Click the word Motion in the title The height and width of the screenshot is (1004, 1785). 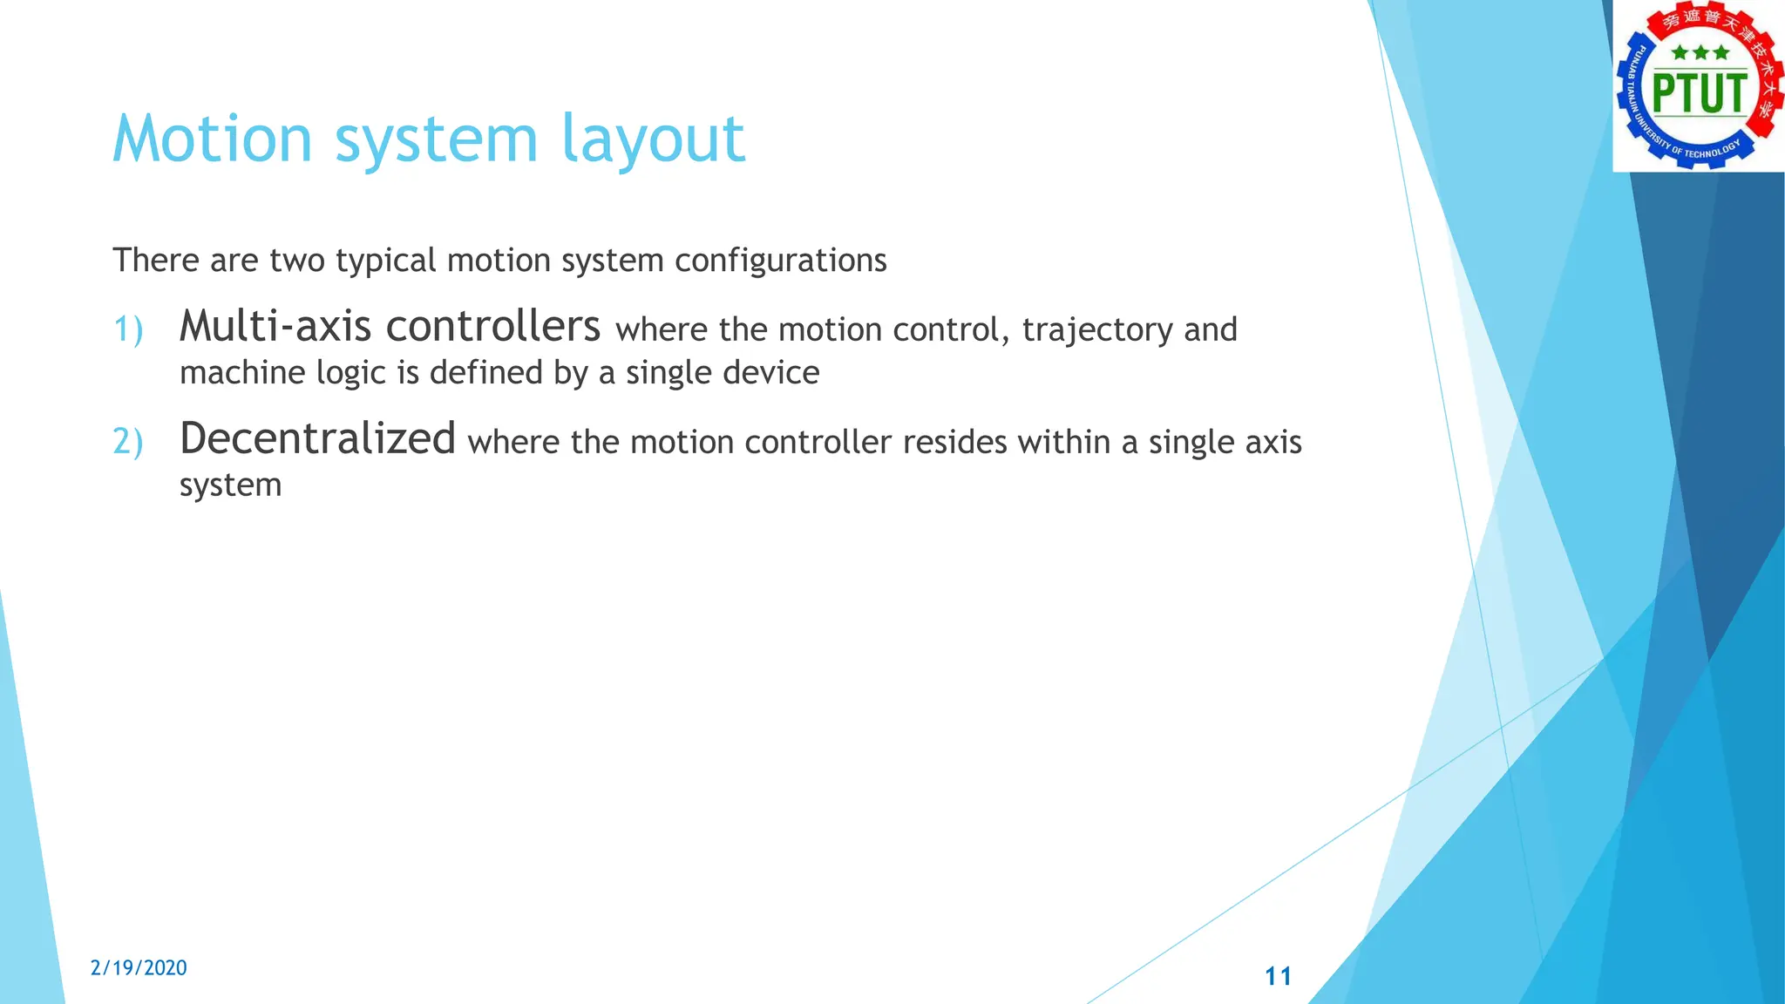pyautogui.click(x=213, y=139)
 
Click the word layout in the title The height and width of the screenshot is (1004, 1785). pyautogui.click(x=653, y=139)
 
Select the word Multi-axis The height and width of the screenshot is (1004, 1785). pyautogui.click(x=275, y=327)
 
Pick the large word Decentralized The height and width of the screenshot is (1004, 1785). pyautogui.click(x=317, y=438)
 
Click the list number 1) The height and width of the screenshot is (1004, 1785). pyautogui.click(x=128, y=330)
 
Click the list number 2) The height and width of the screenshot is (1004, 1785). pyautogui.click(x=128, y=443)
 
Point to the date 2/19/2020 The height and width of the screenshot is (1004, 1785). pyautogui.click(x=139, y=967)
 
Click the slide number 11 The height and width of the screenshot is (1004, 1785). pyautogui.click(x=1278, y=976)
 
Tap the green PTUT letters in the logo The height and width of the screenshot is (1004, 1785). pyautogui.click(x=1700, y=94)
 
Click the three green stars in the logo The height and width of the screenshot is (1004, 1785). pyautogui.click(x=1700, y=53)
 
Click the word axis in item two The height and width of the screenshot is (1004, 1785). pyautogui.click(x=1273, y=443)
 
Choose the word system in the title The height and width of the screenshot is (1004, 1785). pyautogui.click(x=436, y=139)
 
